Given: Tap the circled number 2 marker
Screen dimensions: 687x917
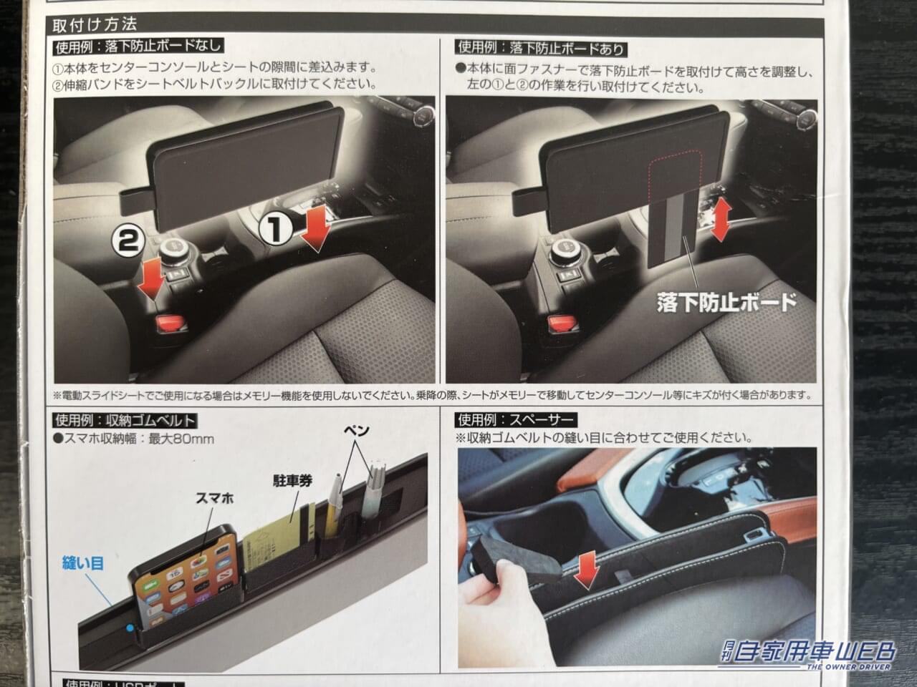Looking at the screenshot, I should [x=125, y=240].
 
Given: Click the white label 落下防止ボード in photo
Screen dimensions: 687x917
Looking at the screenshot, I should [x=726, y=301].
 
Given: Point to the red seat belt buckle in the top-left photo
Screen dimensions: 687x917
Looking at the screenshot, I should [x=171, y=323].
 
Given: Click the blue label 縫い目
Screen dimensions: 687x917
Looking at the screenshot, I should [x=83, y=563].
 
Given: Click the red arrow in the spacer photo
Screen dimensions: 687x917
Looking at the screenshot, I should [x=587, y=568].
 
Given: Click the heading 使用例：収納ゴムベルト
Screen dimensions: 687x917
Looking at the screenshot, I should [x=125, y=421].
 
